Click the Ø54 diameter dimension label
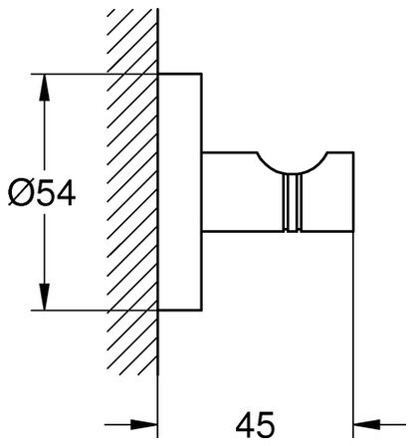click(42, 193)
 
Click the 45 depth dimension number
click(255, 424)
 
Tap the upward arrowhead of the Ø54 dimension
click(45, 87)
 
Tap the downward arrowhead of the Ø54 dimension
click(45, 297)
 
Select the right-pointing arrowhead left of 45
click(143, 424)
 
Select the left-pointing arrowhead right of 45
click(367, 424)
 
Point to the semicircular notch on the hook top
click(293, 167)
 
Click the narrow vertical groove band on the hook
click(293, 202)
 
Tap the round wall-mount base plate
click(180, 192)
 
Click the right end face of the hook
click(353, 191)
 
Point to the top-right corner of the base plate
click(201, 74)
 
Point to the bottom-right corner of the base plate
click(201, 311)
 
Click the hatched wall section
click(132, 192)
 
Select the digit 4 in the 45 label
click(245, 424)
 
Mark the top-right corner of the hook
click(354, 152)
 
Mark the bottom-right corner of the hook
click(354, 231)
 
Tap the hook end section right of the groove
click(327, 199)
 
